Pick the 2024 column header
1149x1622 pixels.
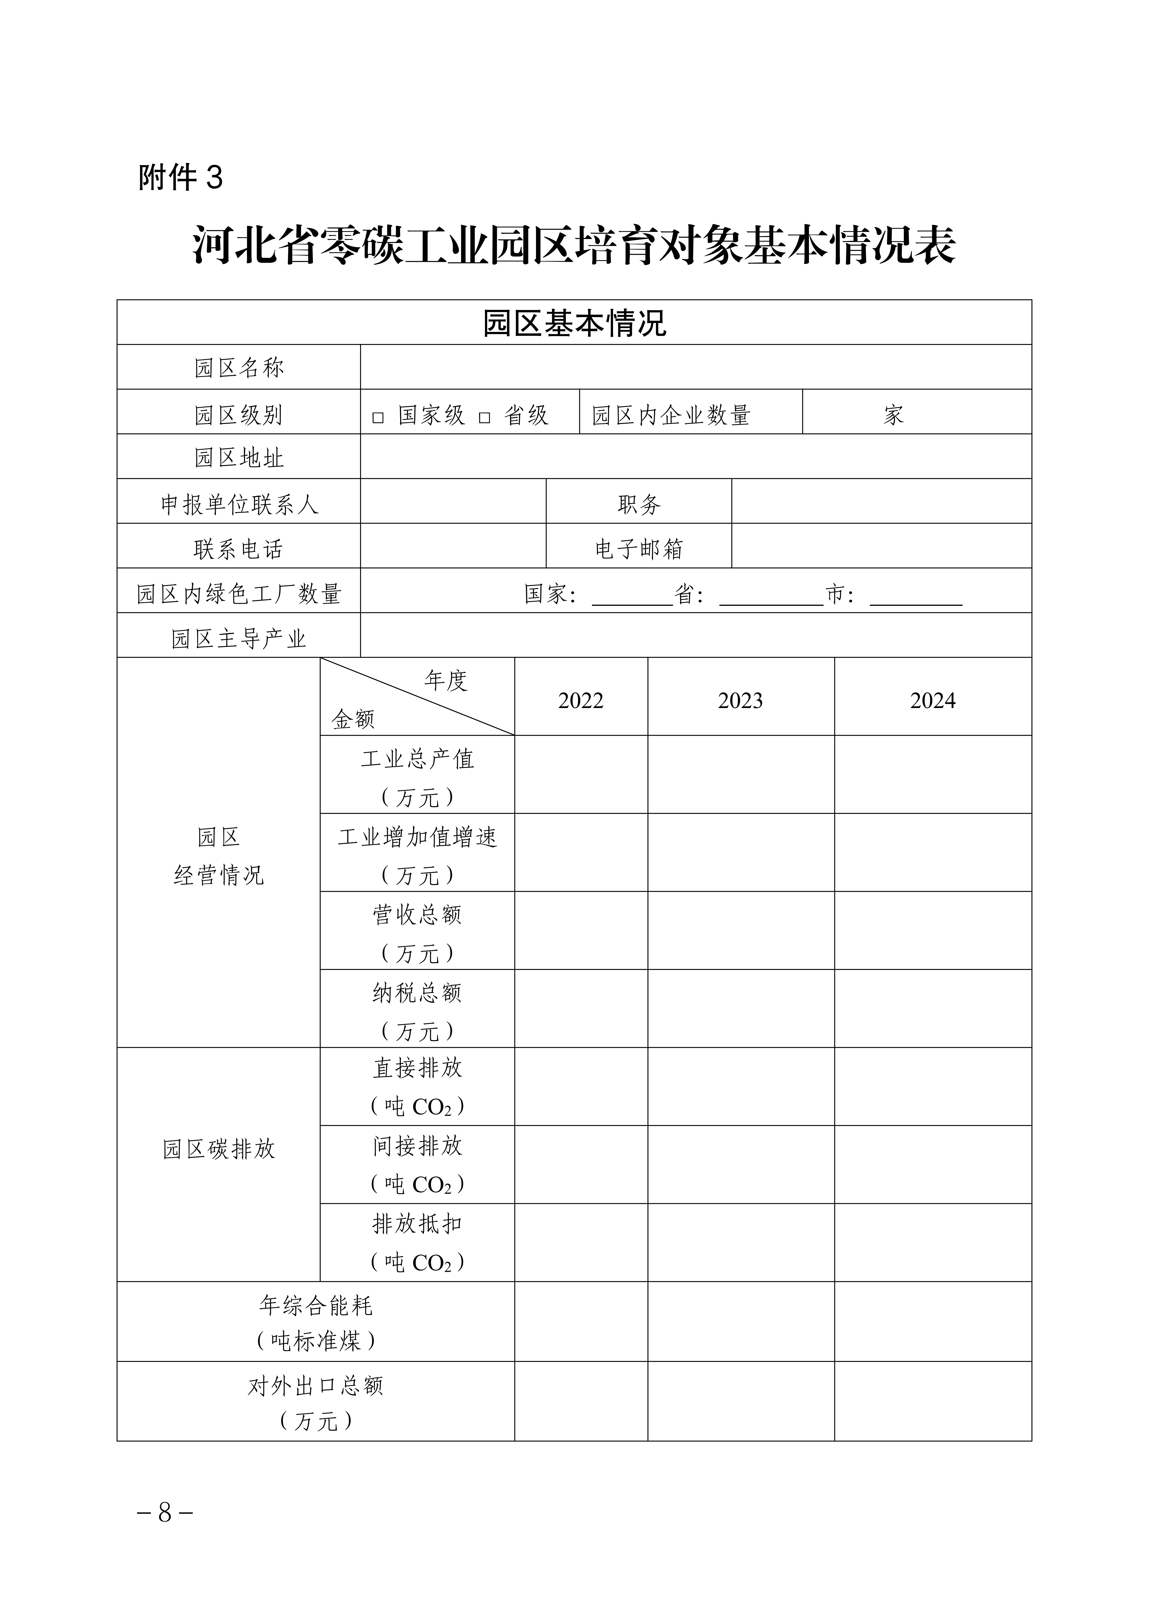(932, 701)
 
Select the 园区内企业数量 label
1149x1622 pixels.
(671, 415)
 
